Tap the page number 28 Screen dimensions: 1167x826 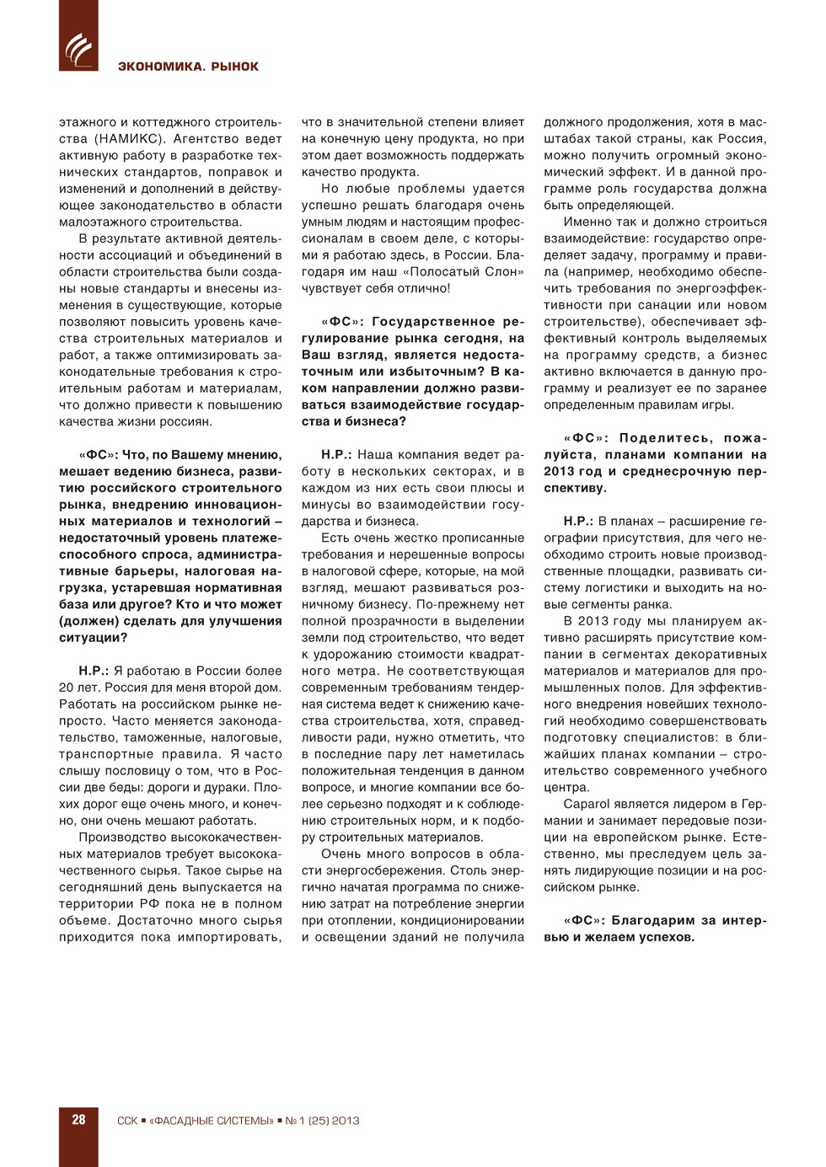coord(78,1120)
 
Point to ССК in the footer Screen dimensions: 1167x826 coord(127,1121)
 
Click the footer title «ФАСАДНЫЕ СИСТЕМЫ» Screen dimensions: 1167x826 coord(211,1121)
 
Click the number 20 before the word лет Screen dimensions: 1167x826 coord(67,688)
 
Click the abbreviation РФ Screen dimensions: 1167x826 coord(149,904)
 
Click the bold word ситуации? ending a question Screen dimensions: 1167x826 coord(93,638)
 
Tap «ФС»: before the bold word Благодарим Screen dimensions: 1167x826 coord(583,921)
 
